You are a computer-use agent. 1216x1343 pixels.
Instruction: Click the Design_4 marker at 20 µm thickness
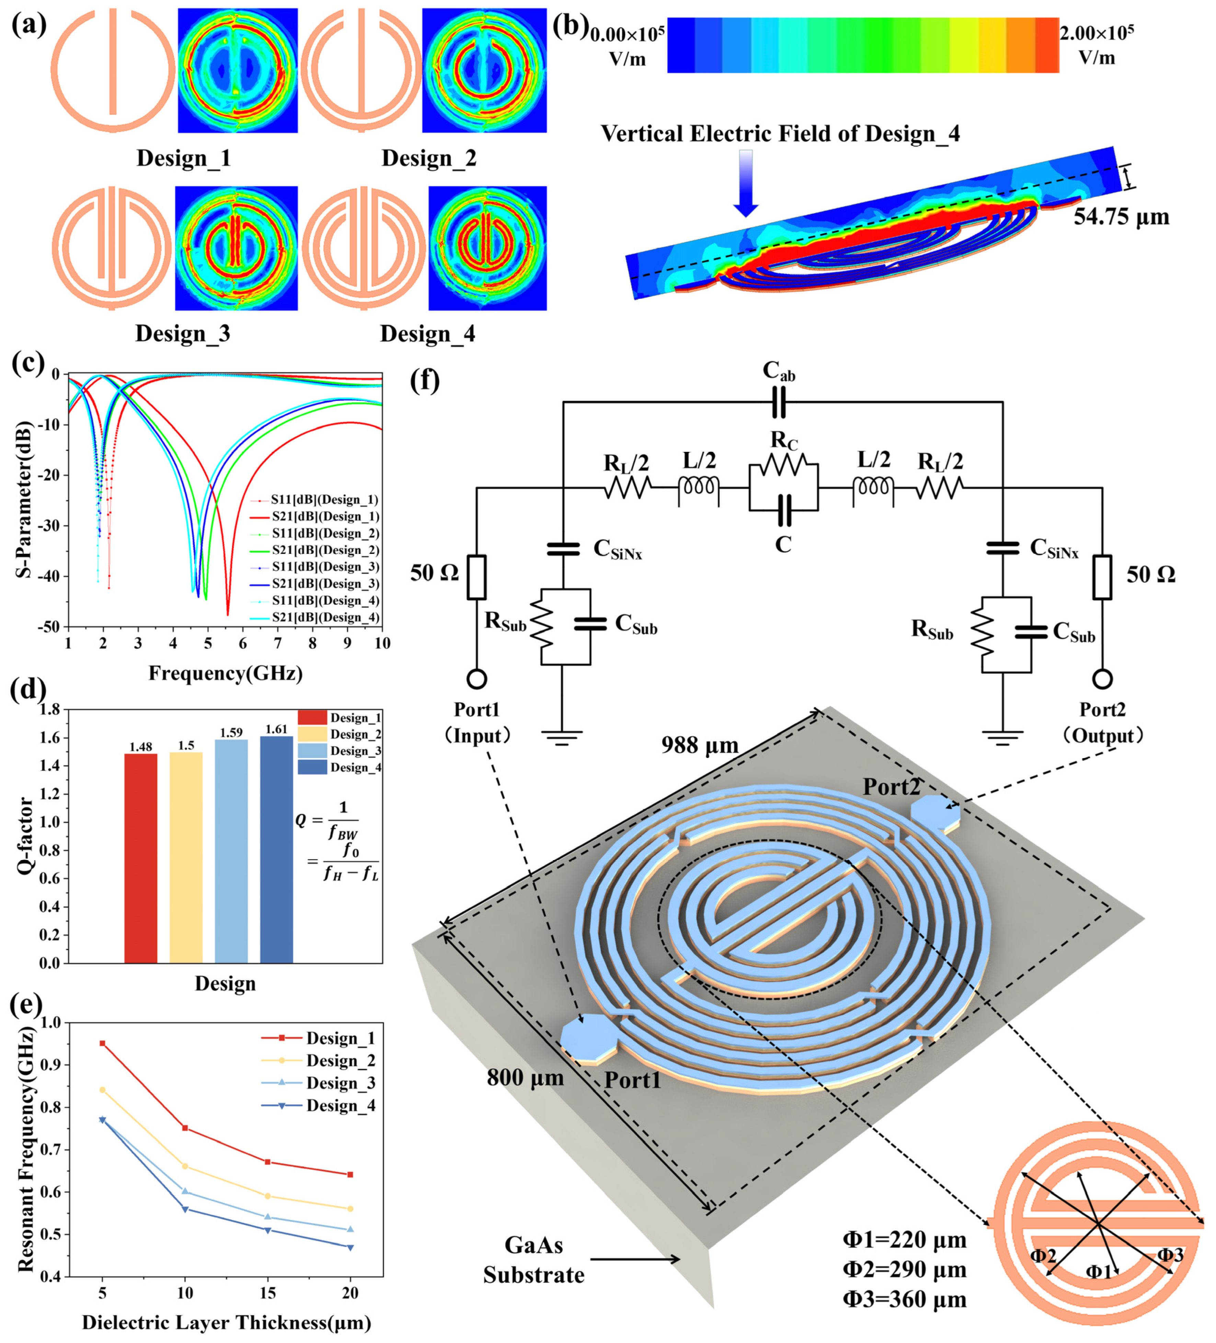[350, 1247]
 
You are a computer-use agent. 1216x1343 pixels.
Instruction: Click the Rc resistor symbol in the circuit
[783, 465]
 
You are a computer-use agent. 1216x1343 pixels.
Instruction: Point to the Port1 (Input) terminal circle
[477, 680]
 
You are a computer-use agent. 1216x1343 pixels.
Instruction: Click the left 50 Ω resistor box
[477, 577]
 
